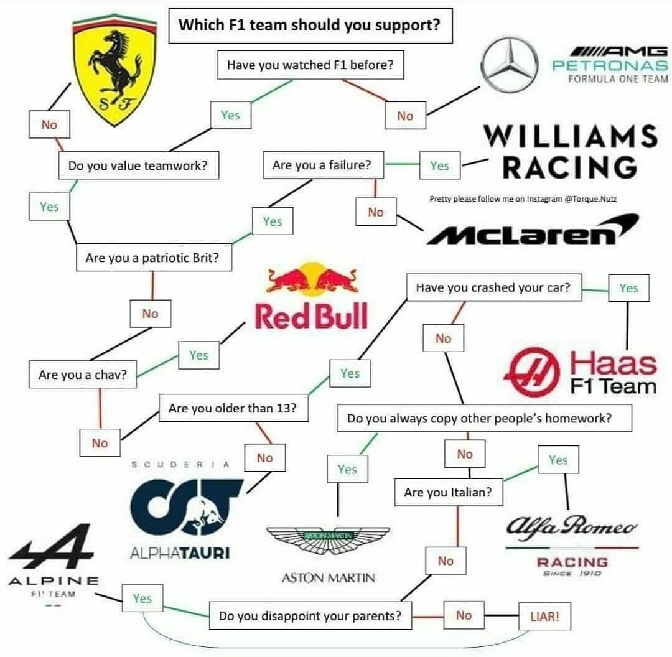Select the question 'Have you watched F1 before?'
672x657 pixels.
click(x=310, y=65)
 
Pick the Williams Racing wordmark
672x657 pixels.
click(x=569, y=151)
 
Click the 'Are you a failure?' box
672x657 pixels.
click(x=322, y=165)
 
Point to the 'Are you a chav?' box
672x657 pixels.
click(x=83, y=375)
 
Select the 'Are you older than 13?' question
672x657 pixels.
click(x=233, y=409)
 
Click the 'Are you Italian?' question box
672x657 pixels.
click(x=448, y=492)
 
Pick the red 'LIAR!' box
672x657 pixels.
click(x=544, y=618)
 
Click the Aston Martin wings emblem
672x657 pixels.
click(x=328, y=538)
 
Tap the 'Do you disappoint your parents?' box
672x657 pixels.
click(x=309, y=617)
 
